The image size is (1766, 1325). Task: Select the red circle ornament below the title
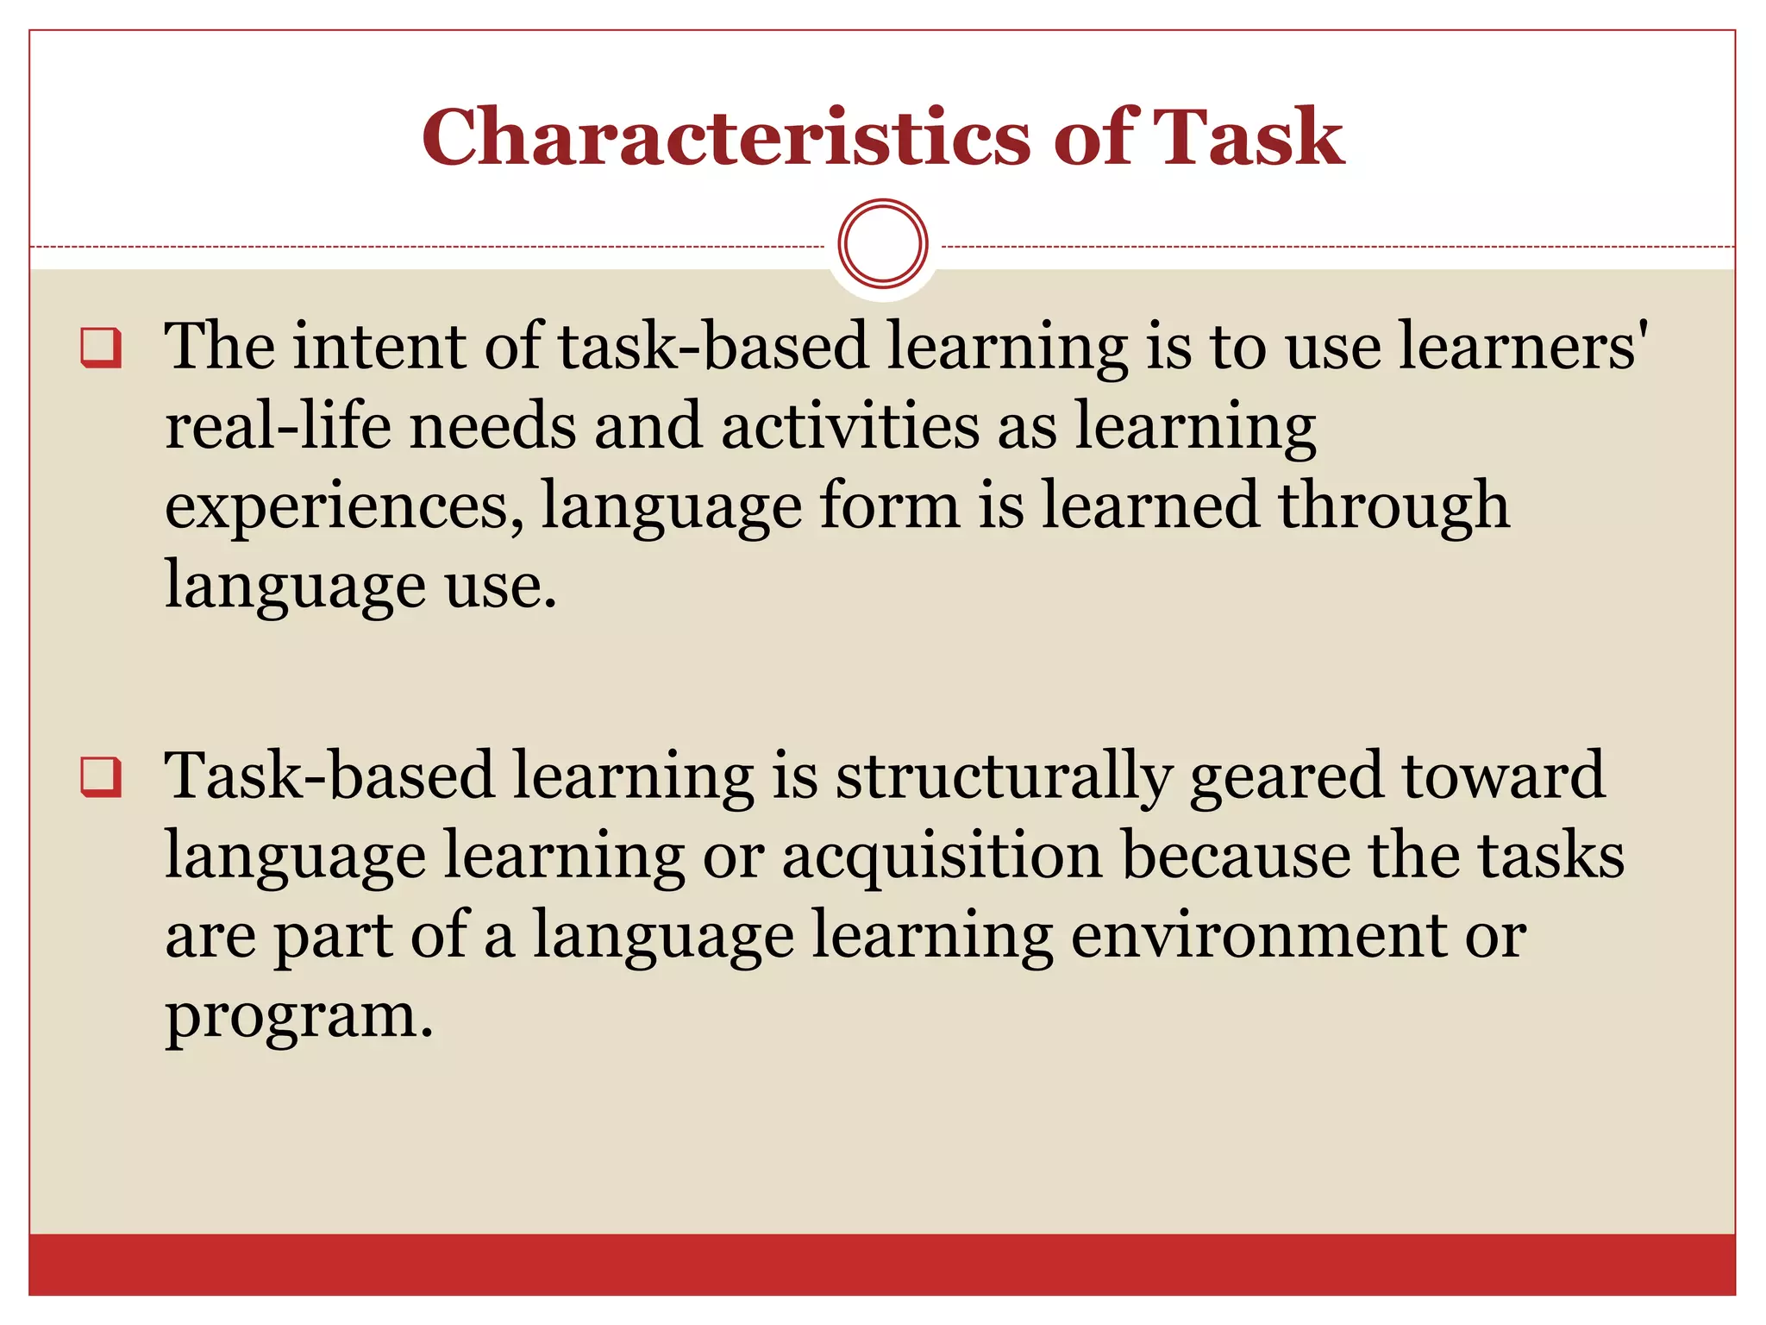pos(882,244)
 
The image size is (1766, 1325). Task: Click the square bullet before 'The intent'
pos(101,348)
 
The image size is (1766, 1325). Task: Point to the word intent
pos(378,347)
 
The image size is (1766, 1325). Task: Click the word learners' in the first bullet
pos(1521,347)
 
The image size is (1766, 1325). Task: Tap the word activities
pos(850,426)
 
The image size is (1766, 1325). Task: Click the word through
pos(1393,507)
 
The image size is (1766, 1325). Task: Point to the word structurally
pos(1004,776)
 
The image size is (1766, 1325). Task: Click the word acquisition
pos(942,857)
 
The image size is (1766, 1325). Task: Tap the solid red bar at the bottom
pos(882,1264)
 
